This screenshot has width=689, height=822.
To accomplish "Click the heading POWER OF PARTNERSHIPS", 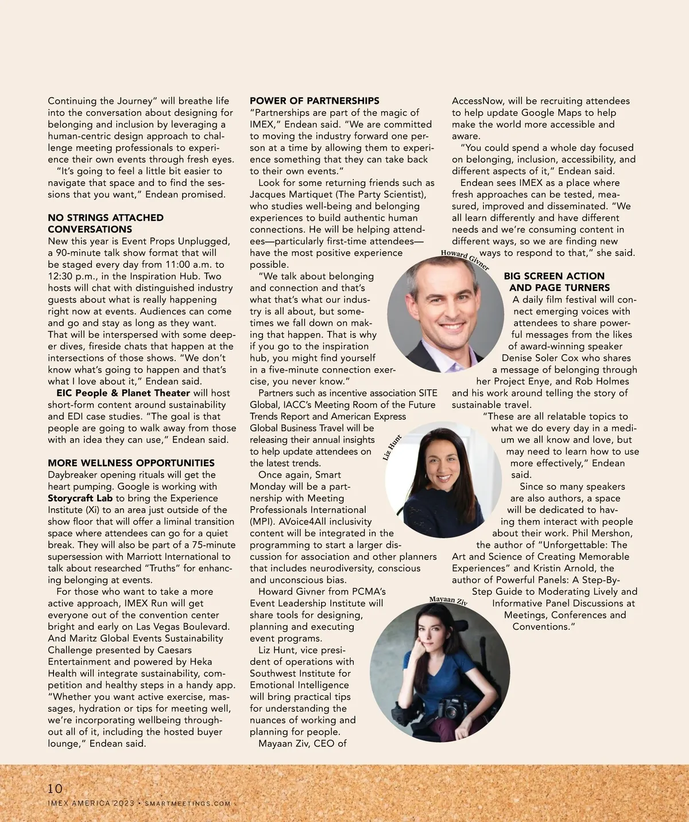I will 314,101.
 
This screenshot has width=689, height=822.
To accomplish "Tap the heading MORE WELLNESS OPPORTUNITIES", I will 131,463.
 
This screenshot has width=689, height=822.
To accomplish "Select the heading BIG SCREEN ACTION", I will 554,276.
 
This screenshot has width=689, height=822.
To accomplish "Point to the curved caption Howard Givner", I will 465,259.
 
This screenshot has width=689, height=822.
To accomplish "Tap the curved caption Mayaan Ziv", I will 448,601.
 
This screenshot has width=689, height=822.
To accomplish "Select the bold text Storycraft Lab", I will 80,498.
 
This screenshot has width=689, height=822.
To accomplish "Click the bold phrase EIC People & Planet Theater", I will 123,393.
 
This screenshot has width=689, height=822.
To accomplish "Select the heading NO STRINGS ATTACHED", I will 106,217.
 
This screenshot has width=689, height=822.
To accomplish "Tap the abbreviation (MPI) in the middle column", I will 263,521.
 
